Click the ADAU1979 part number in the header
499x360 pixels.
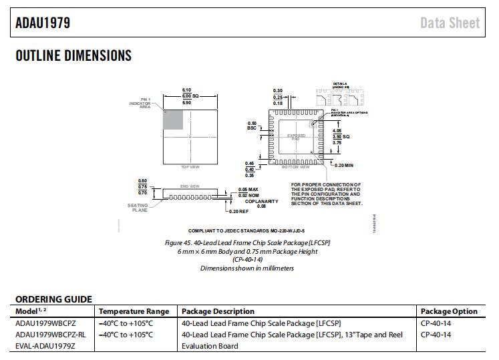tap(43, 23)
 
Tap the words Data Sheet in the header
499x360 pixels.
tap(450, 23)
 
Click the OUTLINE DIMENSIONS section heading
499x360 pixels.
tap(73, 55)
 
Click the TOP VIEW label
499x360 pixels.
tap(190, 166)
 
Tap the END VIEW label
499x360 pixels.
tap(190, 186)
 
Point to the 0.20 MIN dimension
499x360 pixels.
tap(343, 164)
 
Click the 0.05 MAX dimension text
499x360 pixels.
tap(248, 190)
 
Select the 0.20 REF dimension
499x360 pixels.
tap(238, 211)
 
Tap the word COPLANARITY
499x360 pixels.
tap(261, 201)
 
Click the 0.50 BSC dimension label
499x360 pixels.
tap(252, 126)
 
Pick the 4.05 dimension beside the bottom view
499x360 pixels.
tap(337, 131)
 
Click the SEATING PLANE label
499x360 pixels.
tap(138, 207)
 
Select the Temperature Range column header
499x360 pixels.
tap(134, 311)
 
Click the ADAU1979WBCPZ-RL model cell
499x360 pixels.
tap(51, 335)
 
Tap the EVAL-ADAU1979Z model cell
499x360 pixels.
tap(45, 346)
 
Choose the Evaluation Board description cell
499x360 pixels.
tap(210, 346)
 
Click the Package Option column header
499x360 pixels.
tap(449, 311)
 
